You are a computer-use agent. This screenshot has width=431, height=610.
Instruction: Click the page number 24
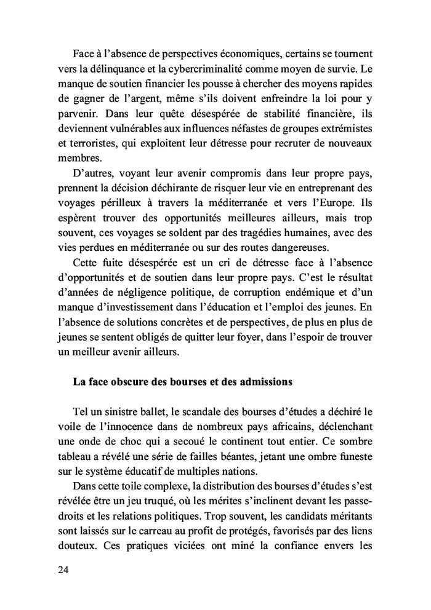point(63,570)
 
